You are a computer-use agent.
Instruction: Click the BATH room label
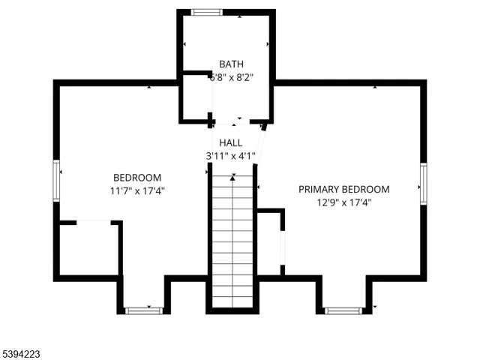[231, 64]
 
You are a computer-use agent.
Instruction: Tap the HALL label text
[230, 142]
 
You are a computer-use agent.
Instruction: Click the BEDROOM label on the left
[137, 178]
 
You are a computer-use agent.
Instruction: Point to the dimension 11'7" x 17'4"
[137, 190]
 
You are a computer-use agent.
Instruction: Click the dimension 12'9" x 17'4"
[344, 202]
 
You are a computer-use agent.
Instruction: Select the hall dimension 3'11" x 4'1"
[231, 156]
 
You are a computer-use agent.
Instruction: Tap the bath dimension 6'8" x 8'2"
[231, 76]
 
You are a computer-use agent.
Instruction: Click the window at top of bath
[206, 13]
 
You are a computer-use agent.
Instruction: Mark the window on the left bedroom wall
[56, 180]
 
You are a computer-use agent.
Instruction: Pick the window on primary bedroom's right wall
[423, 184]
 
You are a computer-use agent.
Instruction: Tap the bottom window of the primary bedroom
[343, 310]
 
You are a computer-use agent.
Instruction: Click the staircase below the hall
[232, 240]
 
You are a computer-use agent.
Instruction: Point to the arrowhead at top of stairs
[232, 177]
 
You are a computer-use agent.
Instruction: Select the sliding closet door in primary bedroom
[283, 247]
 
